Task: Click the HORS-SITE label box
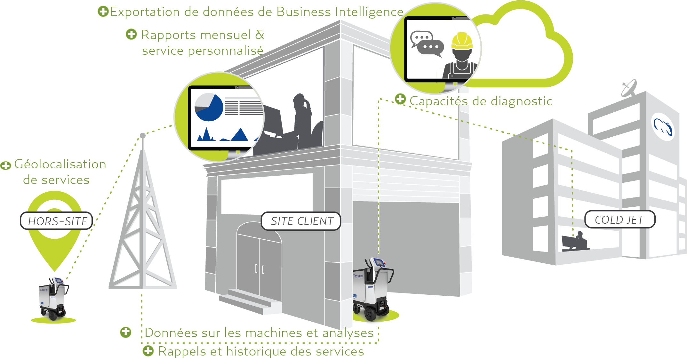56,221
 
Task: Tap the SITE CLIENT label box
301,221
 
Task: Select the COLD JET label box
620,220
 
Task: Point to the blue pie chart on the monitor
209,107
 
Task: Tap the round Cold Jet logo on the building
663,126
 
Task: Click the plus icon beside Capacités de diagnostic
400,99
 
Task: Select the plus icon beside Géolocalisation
5,166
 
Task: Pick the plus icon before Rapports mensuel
131,34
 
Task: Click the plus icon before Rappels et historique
148,351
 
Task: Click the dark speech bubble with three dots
431,48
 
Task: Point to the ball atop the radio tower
143,136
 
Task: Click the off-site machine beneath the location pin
53,299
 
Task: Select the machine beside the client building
373,289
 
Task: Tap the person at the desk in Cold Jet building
579,240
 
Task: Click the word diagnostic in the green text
522,101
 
